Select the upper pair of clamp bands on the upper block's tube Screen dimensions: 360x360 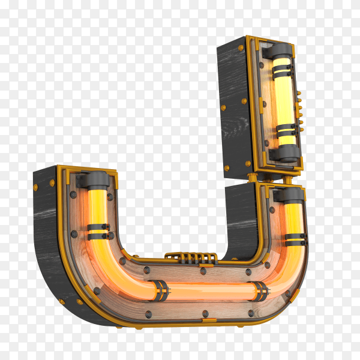[282, 71]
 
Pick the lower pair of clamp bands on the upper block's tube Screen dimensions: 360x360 [287, 130]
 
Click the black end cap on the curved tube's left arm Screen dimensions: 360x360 [95, 179]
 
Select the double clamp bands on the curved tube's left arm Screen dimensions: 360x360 [99, 232]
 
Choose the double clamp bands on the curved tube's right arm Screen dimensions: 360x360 [296, 239]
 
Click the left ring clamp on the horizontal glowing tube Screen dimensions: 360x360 [160, 290]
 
